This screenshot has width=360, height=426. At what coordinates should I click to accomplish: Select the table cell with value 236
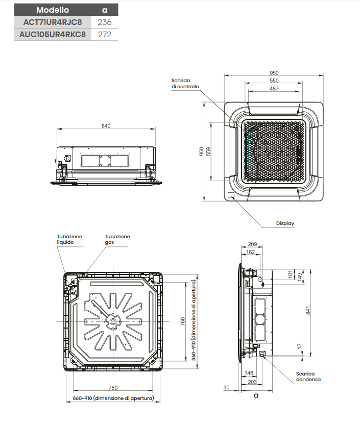pos(104,22)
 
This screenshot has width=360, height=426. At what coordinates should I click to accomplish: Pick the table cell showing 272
pos(104,35)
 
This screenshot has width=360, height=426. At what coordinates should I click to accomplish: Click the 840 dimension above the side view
pos(106,126)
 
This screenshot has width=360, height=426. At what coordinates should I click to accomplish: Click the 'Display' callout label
pos(285,223)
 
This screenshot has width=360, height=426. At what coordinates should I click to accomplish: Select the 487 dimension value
pos(274,89)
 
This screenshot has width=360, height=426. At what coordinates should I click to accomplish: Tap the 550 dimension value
pos(274,81)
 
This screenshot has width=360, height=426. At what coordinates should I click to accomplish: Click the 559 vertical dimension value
pos(208,152)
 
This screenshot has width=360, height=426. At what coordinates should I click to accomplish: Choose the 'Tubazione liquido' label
pos(69,239)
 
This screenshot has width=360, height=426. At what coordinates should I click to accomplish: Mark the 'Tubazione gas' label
pos(117,239)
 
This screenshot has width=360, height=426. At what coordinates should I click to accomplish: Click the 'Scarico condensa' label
pos(308,377)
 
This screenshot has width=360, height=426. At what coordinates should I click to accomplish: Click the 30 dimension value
pos(226,388)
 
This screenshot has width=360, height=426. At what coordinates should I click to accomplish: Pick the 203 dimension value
pos(251,382)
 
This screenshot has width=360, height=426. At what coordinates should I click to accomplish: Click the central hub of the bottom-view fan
pos(112,321)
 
